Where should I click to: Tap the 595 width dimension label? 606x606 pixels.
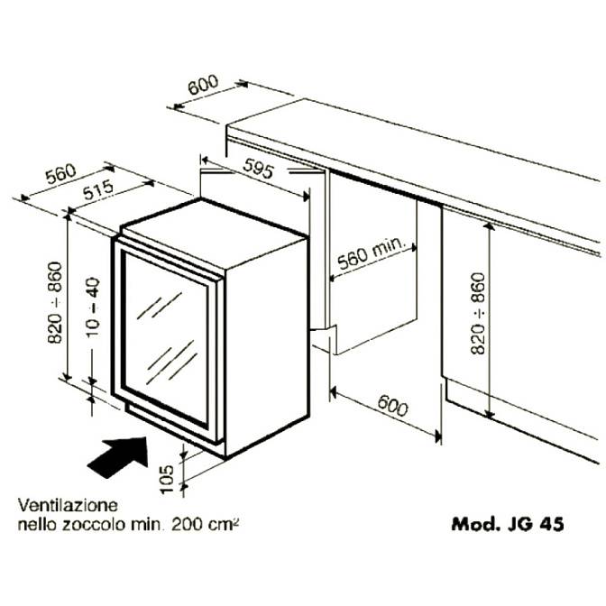(x=259, y=169)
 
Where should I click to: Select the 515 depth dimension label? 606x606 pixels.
(x=98, y=189)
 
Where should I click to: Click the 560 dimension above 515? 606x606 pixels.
(x=61, y=174)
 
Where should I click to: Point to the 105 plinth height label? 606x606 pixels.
(x=167, y=479)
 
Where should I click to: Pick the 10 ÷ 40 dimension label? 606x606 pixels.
(x=93, y=308)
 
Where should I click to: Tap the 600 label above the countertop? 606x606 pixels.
(x=203, y=85)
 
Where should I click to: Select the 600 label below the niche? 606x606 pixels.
(x=392, y=406)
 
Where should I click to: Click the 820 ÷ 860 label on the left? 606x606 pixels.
(x=55, y=303)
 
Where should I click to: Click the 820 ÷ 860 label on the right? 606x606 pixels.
(x=478, y=314)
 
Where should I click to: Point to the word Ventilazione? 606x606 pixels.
(x=68, y=505)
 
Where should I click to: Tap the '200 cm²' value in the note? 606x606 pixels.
(x=205, y=525)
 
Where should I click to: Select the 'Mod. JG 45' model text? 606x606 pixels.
(x=508, y=524)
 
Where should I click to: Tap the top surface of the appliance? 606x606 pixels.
(x=212, y=228)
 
